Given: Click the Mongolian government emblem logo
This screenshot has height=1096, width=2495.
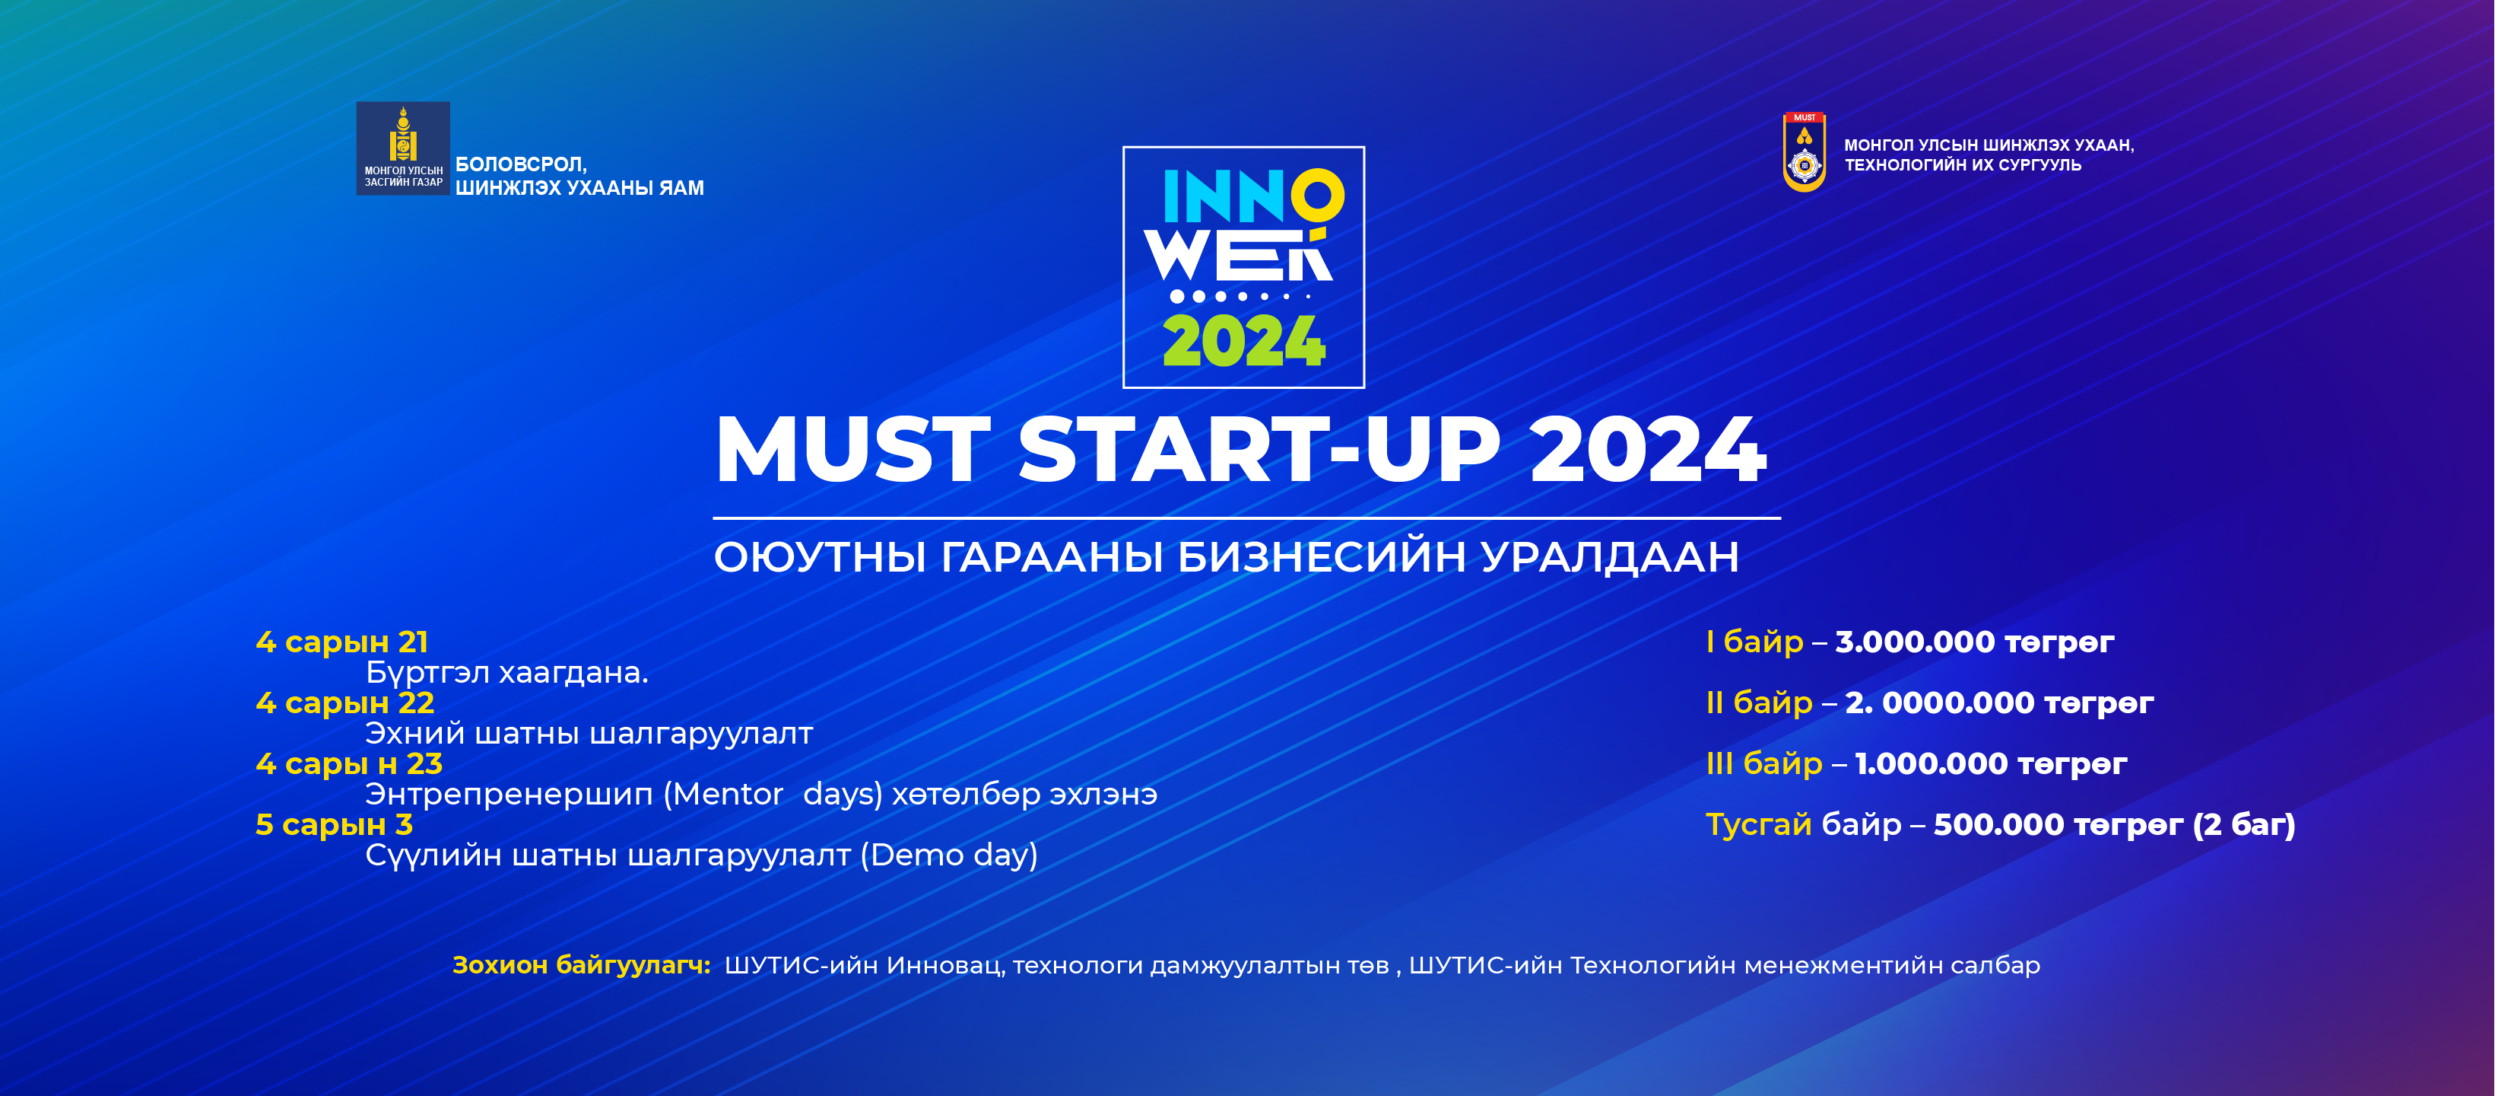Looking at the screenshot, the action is click(403, 148).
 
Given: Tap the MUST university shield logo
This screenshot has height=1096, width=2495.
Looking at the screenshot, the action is click(1805, 152).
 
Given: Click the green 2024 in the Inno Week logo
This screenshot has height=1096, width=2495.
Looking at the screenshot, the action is click(1243, 341).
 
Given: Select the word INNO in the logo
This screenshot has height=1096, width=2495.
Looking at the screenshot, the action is click(1253, 196).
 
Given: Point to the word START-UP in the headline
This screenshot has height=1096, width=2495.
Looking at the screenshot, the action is click(1259, 450).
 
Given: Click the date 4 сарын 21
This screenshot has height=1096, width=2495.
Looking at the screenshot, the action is click(342, 642).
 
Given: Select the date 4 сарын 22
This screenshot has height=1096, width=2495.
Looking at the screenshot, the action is click(344, 703).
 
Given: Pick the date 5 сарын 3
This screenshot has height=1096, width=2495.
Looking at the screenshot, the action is click(334, 825).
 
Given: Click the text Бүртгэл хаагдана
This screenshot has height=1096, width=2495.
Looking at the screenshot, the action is click(506, 673).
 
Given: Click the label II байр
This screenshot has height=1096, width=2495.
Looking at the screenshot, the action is click(1759, 703).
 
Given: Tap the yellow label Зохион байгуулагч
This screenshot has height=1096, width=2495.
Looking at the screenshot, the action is click(581, 965).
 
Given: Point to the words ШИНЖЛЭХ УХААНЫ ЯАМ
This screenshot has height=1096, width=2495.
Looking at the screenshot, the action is click(579, 188).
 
